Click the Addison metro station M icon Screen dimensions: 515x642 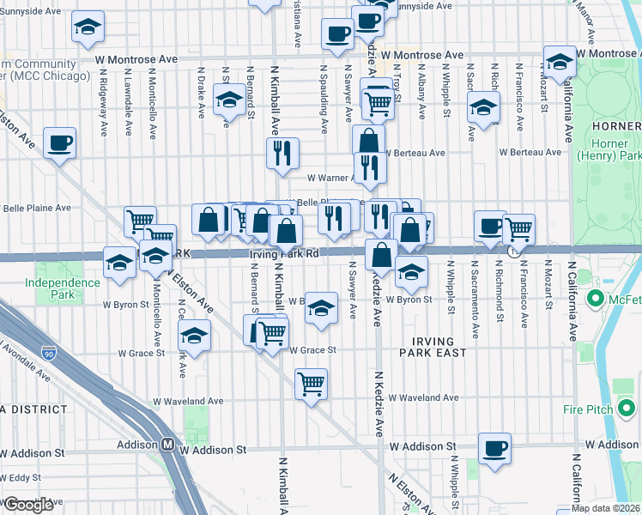(169, 445)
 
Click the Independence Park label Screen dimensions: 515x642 (62, 288)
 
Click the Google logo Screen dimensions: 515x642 (27, 505)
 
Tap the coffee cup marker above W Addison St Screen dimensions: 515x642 (494, 448)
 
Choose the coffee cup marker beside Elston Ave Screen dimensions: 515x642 (60, 142)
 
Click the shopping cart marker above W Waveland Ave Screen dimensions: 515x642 (311, 383)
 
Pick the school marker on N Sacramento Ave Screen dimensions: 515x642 (484, 107)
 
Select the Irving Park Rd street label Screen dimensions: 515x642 (284, 254)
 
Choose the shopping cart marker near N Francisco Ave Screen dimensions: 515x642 (518, 229)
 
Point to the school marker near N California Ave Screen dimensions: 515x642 (560, 62)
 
